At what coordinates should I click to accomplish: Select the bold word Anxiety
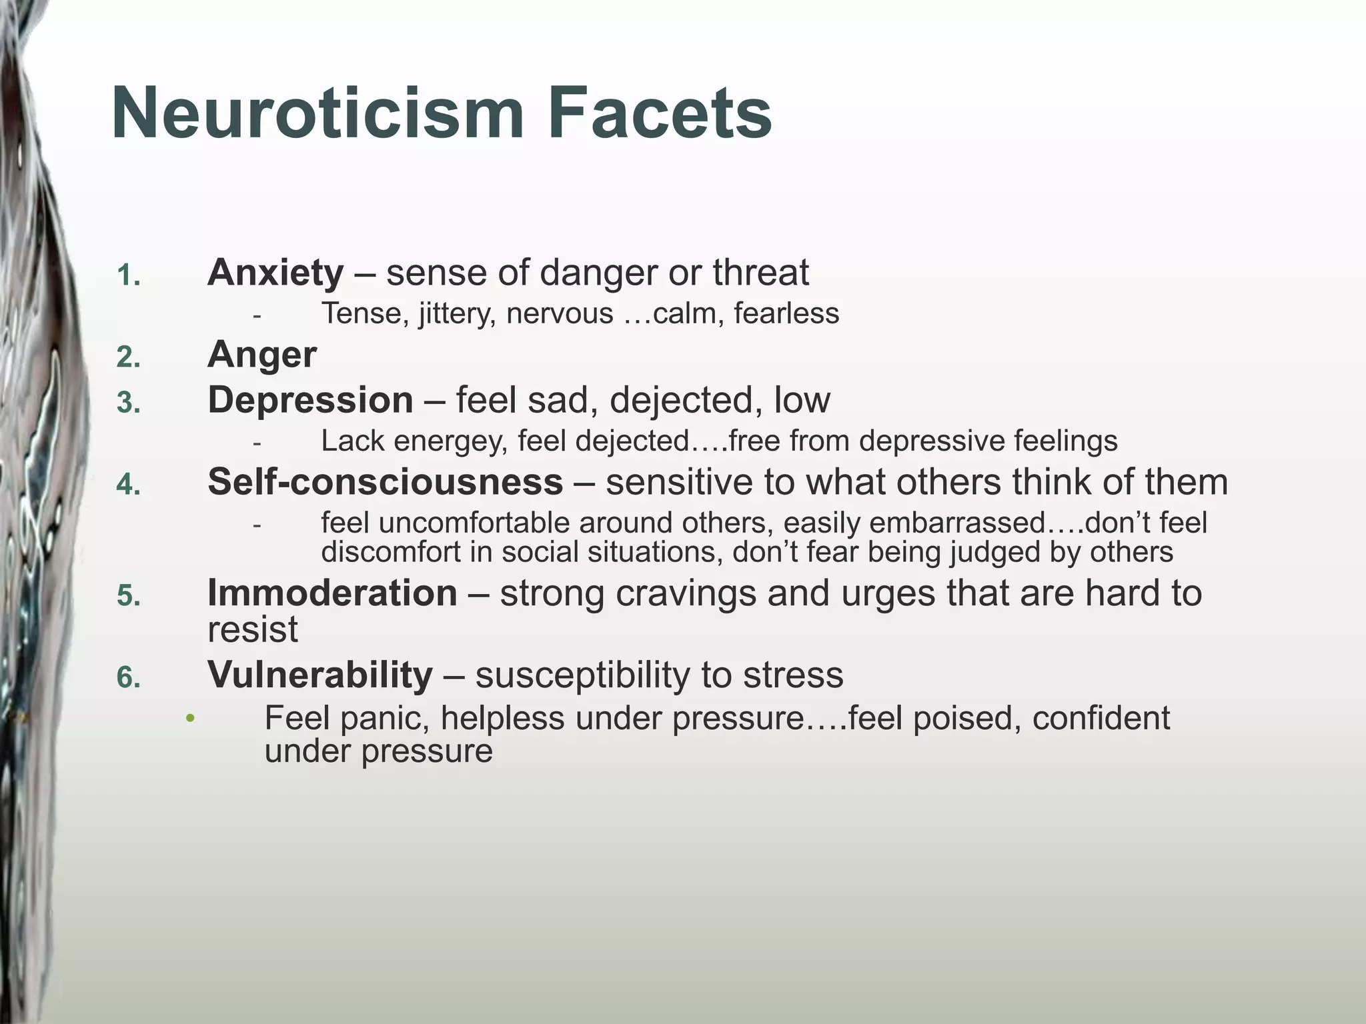click(x=275, y=273)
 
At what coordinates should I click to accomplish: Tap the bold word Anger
click(x=262, y=355)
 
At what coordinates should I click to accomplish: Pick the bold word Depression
click(x=310, y=400)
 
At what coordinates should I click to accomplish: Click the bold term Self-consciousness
click(x=385, y=481)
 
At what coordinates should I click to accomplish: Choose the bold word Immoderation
click(x=332, y=593)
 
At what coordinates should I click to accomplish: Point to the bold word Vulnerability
click(x=320, y=675)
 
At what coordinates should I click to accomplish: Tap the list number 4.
click(x=128, y=485)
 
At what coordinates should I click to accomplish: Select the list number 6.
click(x=128, y=678)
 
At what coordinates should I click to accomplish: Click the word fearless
click(x=786, y=313)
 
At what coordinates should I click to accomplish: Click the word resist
click(x=252, y=629)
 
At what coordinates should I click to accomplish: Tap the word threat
click(x=760, y=273)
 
